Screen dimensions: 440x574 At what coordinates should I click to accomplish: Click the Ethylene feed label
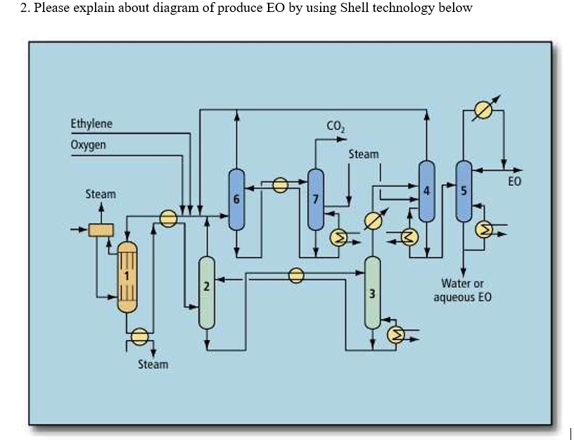tap(91, 125)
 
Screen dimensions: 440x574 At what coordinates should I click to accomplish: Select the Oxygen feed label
tap(89, 145)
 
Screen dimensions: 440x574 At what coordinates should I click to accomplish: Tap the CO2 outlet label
tap(336, 127)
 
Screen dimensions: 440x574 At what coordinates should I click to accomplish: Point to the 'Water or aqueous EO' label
tap(462, 290)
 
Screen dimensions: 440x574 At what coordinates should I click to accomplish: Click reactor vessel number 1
tap(127, 276)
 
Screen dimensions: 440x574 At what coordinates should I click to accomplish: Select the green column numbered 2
tap(206, 292)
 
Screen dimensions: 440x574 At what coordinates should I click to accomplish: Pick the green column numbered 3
tap(372, 292)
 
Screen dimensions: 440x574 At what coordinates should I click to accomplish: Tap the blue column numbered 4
tap(426, 190)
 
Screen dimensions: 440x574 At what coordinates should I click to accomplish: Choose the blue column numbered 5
tap(463, 190)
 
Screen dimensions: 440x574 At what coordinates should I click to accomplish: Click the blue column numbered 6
tap(236, 200)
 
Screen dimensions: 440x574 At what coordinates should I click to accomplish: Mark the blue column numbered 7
tap(316, 200)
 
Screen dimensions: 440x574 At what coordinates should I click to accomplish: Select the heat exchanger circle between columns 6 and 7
tap(280, 185)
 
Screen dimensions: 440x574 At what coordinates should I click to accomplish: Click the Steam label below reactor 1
tap(153, 364)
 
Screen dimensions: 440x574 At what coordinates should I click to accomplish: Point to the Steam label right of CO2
tap(363, 153)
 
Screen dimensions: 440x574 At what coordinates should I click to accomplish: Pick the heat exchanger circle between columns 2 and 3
tap(296, 275)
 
